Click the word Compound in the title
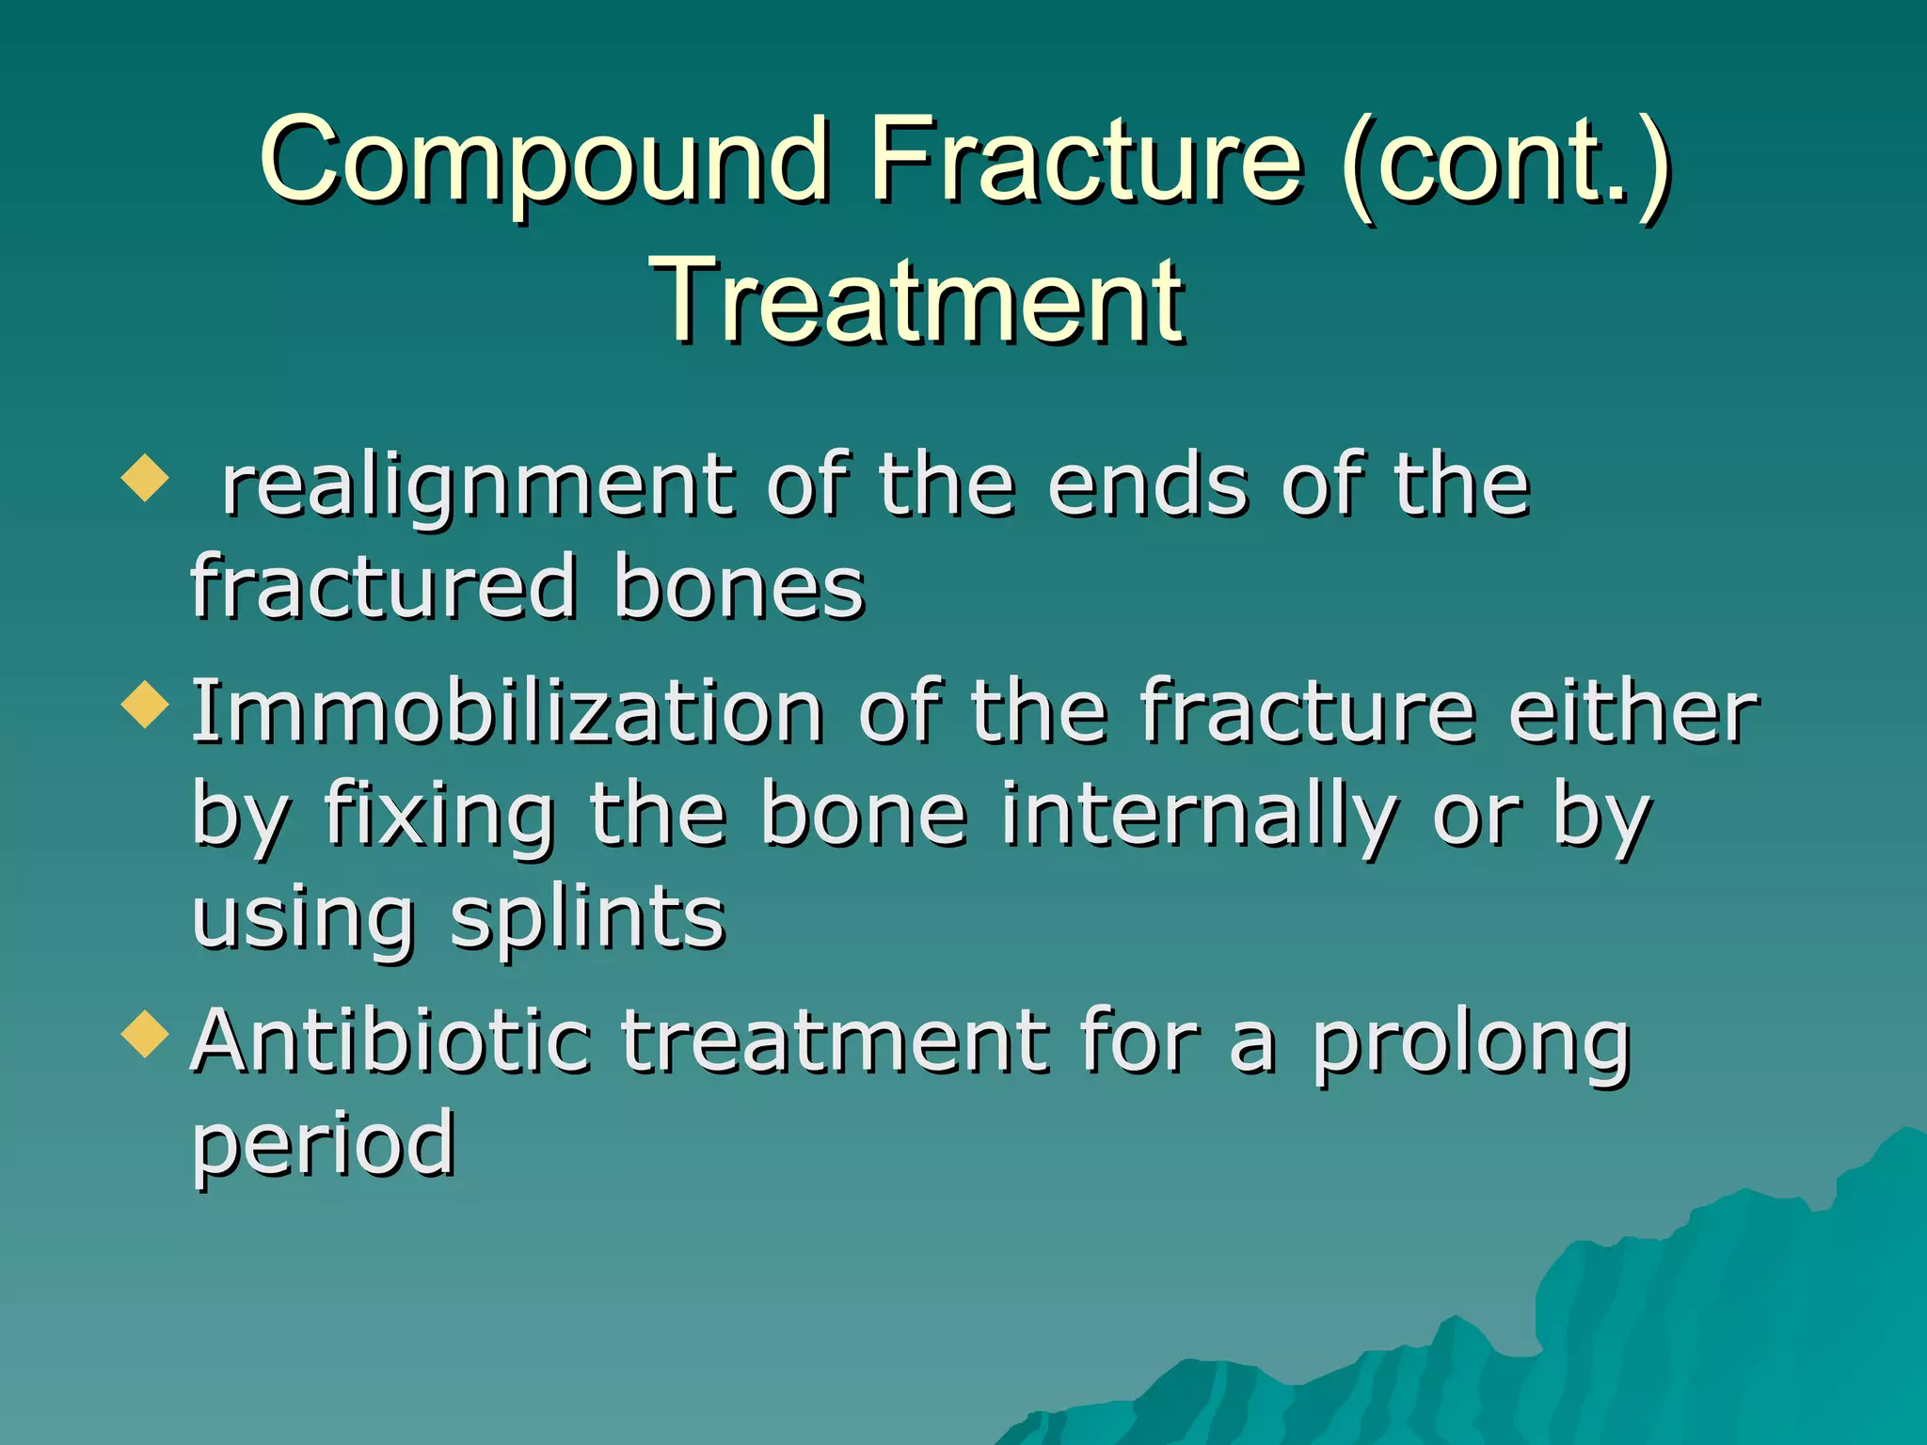pyautogui.click(x=544, y=160)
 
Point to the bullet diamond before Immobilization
pyautogui.click(x=145, y=705)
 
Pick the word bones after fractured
pyautogui.click(x=739, y=587)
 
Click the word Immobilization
pyautogui.click(x=508, y=712)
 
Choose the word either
pyautogui.click(x=1632, y=712)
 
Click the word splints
pyautogui.click(x=588, y=919)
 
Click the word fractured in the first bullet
pyautogui.click(x=384, y=587)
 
